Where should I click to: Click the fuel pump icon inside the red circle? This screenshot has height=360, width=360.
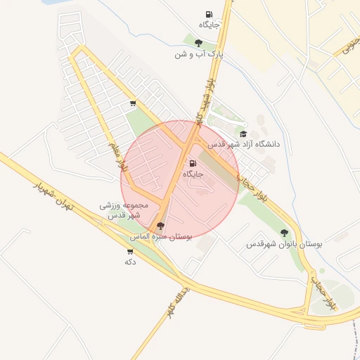pos(193,163)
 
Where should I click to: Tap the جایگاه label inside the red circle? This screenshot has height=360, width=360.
pos(193,174)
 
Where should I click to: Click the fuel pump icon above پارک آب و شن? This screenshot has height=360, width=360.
pos(209,14)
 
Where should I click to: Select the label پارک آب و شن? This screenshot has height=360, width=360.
pos(199,54)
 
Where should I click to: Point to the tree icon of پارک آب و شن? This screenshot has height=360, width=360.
pos(198,43)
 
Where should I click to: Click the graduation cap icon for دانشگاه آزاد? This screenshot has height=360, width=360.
pos(243,134)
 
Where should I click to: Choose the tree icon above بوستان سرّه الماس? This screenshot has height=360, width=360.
pos(160,226)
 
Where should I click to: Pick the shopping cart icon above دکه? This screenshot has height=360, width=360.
pos(129,251)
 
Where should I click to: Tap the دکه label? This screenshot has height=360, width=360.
pos(129,262)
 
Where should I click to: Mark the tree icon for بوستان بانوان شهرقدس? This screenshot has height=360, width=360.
pos(284,233)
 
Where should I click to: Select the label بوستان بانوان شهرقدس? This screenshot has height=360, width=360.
pos(284,244)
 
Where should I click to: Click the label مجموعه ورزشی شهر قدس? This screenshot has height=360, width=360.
pos(121,210)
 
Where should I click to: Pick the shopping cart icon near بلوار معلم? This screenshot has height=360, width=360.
pos(133,103)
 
